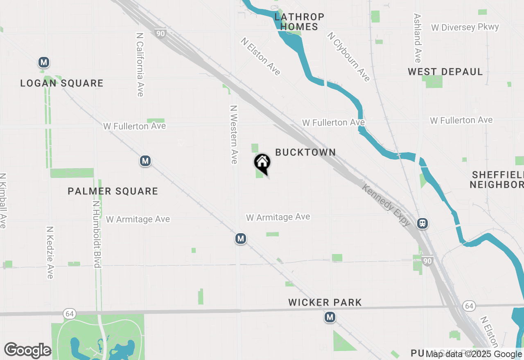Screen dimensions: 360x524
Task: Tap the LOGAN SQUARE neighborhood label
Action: tap(62, 83)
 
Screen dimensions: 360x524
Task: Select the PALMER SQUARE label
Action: tap(113, 191)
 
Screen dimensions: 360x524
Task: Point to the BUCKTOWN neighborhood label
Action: tap(305, 152)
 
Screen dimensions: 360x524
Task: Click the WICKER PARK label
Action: tap(325, 302)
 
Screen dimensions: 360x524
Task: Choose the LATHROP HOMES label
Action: tap(299, 22)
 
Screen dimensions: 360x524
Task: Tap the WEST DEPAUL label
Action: tap(445, 72)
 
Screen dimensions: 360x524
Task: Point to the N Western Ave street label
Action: tap(234, 135)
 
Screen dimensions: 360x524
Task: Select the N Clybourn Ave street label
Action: tap(348, 56)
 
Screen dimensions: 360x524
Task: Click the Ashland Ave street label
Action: tap(418, 38)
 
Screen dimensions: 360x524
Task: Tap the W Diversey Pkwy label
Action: tap(465, 27)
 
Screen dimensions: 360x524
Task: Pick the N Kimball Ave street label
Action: tap(3, 200)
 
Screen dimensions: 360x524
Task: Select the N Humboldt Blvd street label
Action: tap(97, 234)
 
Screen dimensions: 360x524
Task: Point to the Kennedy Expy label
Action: tap(386, 205)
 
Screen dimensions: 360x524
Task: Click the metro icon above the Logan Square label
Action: tap(44, 63)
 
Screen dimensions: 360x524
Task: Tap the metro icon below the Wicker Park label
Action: tap(330, 317)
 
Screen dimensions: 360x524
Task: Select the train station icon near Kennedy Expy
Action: tap(422, 223)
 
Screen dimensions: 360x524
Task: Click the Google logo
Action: tap(27, 350)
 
